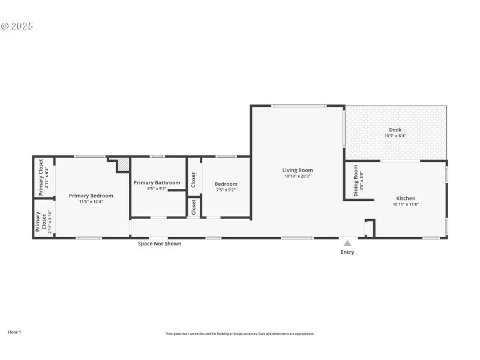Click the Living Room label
[298, 170]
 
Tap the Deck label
[395, 130]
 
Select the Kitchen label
[406, 199]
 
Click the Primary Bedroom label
[91, 196]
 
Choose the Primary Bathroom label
[157, 182]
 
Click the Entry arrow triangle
[347, 243]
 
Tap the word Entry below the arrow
[347, 253]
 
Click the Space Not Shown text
[160, 244]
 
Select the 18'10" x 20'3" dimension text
[298, 176]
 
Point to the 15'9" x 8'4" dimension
[395, 136]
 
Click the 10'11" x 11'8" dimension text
[406, 205]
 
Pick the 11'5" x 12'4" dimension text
[91, 202]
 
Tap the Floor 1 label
[14, 332]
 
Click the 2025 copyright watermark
[17, 26]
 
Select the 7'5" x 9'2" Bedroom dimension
[226, 190]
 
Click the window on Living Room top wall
[298, 106]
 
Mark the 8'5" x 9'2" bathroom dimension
[157, 188]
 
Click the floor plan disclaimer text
[239, 334]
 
